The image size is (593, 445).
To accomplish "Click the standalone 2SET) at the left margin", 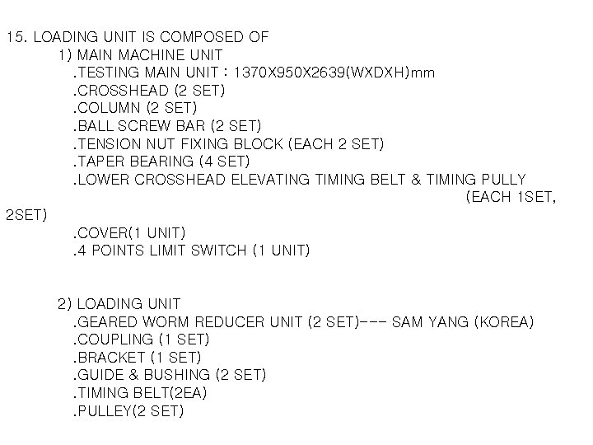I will click(x=26, y=215).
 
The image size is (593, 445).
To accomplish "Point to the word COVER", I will click(x=101, y=233).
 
